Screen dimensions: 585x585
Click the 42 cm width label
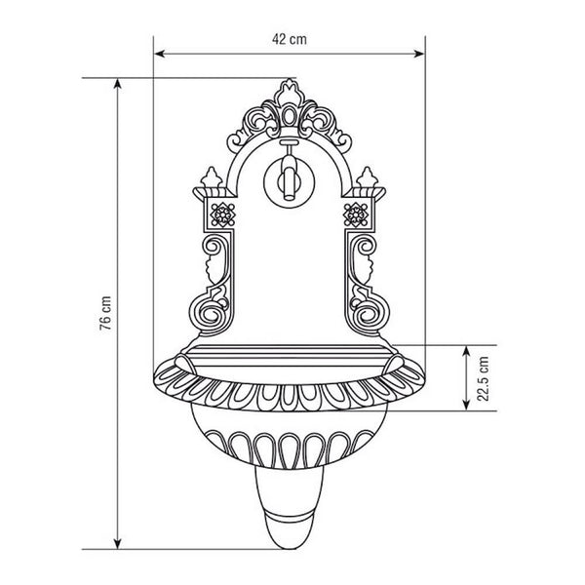290,40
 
